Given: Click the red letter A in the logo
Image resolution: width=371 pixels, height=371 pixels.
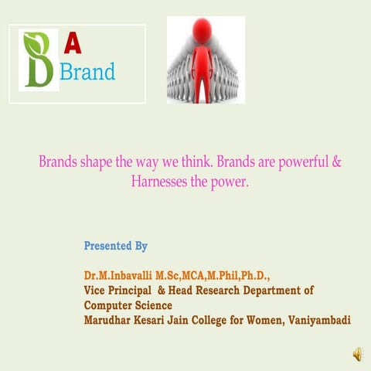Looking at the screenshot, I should click(72, 45).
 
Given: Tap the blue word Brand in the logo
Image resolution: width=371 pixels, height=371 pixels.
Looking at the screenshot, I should click(87, 72).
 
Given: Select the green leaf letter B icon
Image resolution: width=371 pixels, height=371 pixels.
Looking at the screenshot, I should click(39, 59).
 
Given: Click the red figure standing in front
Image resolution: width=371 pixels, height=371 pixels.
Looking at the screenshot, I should click(203, 62).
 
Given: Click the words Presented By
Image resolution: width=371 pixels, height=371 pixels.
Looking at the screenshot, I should click(115, 247).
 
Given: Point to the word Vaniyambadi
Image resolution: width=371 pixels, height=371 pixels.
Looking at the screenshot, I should click(318, 319).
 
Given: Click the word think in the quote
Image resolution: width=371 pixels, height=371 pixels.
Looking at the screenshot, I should click(198, 163).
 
